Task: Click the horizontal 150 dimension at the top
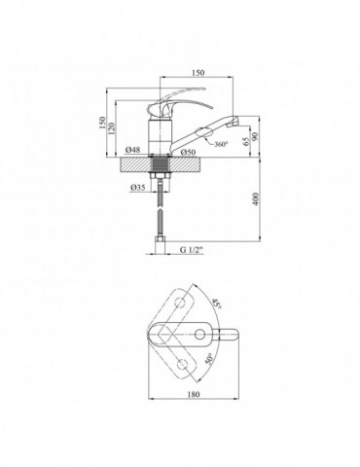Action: click(198, 72)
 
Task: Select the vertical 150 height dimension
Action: click(102, 123)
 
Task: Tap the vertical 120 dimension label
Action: click(112, 128)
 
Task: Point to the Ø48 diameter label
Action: click(132, 150)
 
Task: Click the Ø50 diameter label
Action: click(189, 152)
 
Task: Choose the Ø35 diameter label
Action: click(137, 187)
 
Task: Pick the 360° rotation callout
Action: click(221, 144)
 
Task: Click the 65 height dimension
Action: click(246, 141)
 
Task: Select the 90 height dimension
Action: click(255, 136)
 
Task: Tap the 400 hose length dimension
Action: click(256, 199)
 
